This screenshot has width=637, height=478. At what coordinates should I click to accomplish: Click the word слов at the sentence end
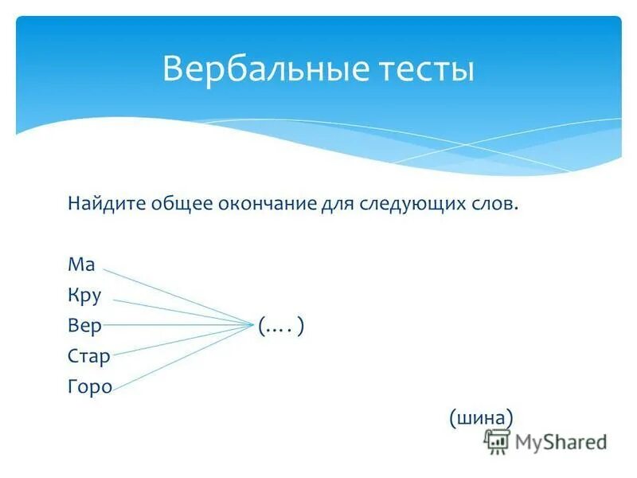tap(495, 205)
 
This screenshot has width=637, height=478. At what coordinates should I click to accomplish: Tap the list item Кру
tap(84, 296)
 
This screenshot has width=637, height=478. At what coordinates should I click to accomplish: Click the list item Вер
tap(84, 326)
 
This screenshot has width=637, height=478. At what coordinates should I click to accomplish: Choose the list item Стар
tap(88, 356)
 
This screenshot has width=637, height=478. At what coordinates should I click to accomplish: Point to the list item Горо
tap(89, 387)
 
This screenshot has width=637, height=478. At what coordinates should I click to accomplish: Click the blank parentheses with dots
tap(281, 326)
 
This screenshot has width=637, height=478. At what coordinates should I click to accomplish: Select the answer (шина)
tap(480, 417)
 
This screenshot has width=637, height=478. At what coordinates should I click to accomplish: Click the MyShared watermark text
tap(561, 441)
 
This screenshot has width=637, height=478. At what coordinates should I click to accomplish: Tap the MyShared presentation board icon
tap(497, 441)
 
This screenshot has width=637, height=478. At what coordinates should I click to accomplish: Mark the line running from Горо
tap(175, 358)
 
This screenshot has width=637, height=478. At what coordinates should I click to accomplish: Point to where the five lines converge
tap(250, 325)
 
